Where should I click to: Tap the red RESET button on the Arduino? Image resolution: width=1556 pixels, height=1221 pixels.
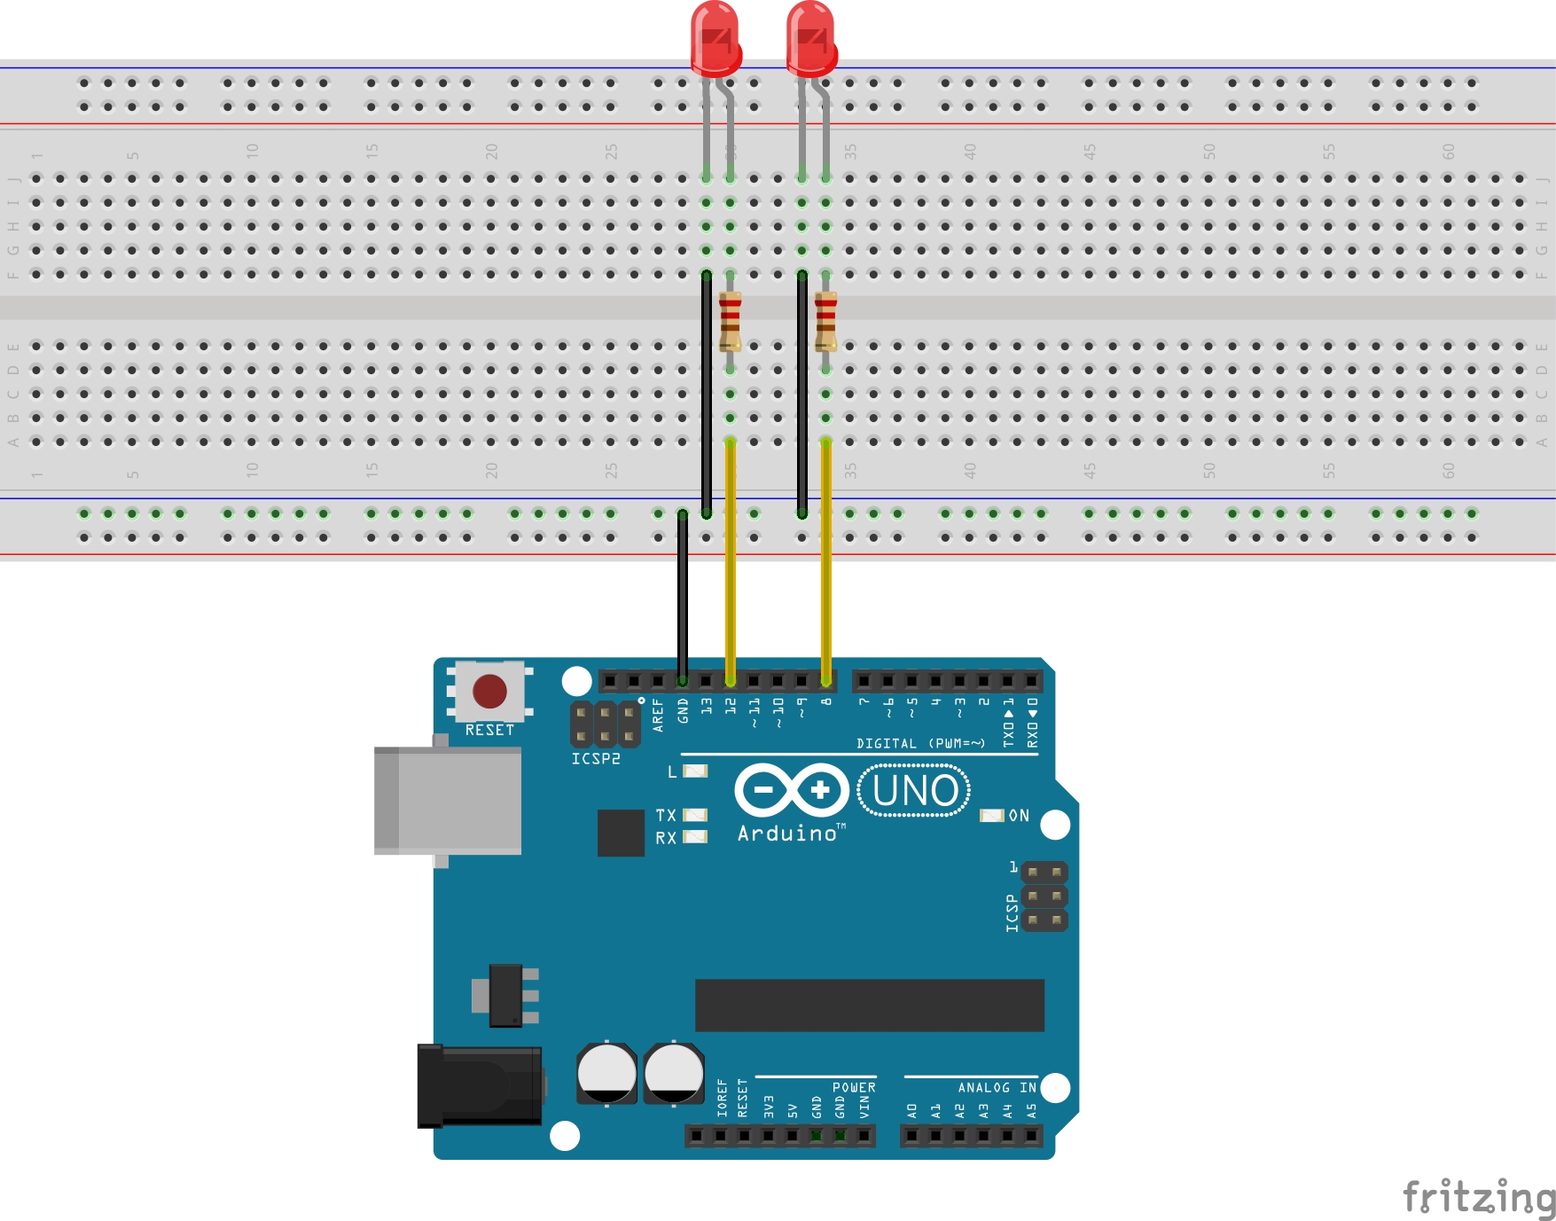click(x=489, y=692)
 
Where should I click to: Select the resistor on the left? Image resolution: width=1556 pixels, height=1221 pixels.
click(x=730, y=321)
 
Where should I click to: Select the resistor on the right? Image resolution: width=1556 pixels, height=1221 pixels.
click(x=825, y=321)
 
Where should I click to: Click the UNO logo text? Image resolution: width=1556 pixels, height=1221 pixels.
click(x=914, y=791)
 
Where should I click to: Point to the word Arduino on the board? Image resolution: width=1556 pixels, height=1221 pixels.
click(x=787, y=834)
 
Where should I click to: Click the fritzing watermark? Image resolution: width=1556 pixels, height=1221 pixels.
click(x=1479, y=1197)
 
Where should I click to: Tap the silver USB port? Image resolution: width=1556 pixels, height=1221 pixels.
click(x=448, y=801)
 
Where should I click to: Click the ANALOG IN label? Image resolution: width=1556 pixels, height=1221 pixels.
click(x=997, y=1088)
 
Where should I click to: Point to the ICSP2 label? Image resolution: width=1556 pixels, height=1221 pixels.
click(x=596, y=759)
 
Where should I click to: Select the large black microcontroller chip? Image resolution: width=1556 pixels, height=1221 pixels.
click(x=869, y=1006)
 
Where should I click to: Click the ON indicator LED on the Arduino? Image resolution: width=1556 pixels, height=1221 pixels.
click(x=991, y=816)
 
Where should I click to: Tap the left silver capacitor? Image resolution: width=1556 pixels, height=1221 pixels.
click(x=606, y=1073)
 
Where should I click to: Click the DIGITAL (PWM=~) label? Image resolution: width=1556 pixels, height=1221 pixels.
click(x=920, y=744)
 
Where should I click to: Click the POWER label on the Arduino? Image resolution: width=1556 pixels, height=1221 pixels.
click(x=854, y=1088)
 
